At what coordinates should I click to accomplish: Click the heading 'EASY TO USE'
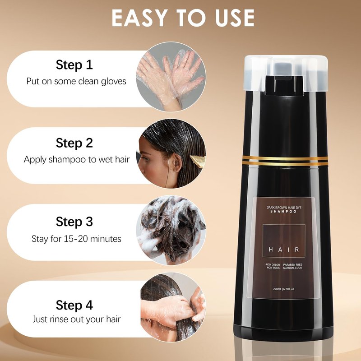click(x=183, y=18)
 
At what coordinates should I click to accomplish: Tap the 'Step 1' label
click(x=74, y=65)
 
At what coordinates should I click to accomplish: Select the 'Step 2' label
click(x=74, y=143)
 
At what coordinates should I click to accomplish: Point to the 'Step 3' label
click(x=74, y=222)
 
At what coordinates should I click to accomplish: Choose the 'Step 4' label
click(x=74, y=305)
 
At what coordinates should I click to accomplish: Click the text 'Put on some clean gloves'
click(x=76, y=81)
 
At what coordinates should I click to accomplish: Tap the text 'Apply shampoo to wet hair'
click(x=77, y=159)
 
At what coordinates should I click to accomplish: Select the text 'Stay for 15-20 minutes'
click(x=76, y=239)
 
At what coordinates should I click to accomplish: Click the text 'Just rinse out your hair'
click(x=76, y=319)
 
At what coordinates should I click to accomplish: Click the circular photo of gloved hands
click(x=171, y=77)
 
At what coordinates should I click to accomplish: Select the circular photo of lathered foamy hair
click(x=171, y=230)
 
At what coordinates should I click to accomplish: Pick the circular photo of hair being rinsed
click(x=173, y=307)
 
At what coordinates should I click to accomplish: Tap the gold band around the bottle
click(x=285, y=161)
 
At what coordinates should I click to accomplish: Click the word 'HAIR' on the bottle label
click(x=284, y=250)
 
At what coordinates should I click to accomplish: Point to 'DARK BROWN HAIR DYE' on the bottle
click(x=284, y=208)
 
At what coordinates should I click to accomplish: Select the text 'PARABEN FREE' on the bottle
click(x=292, y=265)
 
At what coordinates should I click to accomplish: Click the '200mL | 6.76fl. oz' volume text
click(x=284, y=289)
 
